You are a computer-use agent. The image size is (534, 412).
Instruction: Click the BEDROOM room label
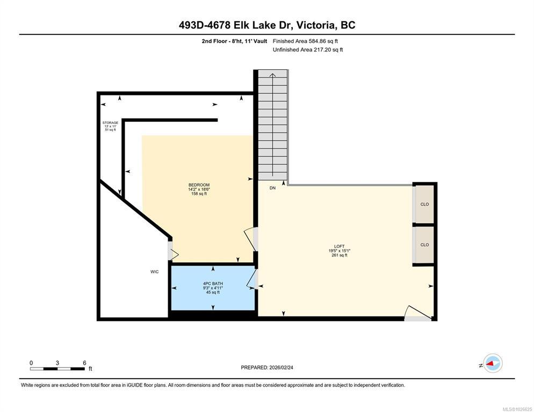(199, 185)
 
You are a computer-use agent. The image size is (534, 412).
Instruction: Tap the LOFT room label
(339, 246)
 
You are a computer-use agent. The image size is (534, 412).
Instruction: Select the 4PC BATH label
(213, 283)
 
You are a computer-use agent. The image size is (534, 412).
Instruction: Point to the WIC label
(154, 272)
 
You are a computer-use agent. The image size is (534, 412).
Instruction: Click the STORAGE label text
(110, 123)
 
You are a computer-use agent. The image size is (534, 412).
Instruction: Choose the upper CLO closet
(424, 204)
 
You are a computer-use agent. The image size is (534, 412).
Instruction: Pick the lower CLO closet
(424, 245)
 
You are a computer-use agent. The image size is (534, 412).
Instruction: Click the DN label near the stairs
(272, 188)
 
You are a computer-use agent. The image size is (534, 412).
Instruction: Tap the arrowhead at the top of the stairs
(273, 75)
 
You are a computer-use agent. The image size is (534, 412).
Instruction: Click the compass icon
(493, 363)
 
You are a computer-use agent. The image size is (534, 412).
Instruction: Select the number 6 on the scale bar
(84, 363)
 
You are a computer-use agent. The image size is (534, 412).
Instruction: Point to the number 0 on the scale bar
(31, 363)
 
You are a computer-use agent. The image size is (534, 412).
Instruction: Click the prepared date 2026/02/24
(281, 367)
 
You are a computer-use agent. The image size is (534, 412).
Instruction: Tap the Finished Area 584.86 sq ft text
(305, 41)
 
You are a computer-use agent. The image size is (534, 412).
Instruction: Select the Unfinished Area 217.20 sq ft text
(308, 50)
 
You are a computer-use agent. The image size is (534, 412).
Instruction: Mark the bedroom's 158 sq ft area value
(199, 194)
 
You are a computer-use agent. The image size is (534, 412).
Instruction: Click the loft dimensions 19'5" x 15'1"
(339, 251)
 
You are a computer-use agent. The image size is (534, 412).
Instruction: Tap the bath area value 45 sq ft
(213, 292)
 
